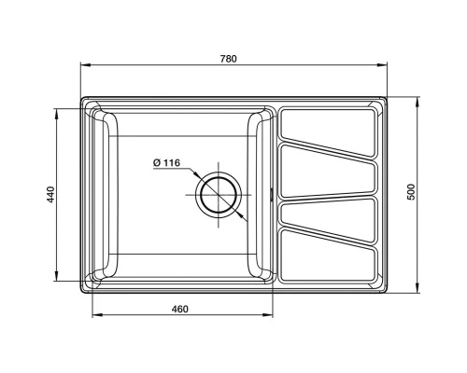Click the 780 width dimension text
pos(229,59)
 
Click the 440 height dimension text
pos(52,195)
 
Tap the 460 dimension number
pos(181,309)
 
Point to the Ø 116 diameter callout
pos(166,163)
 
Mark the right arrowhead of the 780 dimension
pos(385,65)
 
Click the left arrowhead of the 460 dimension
pos(95,315)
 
